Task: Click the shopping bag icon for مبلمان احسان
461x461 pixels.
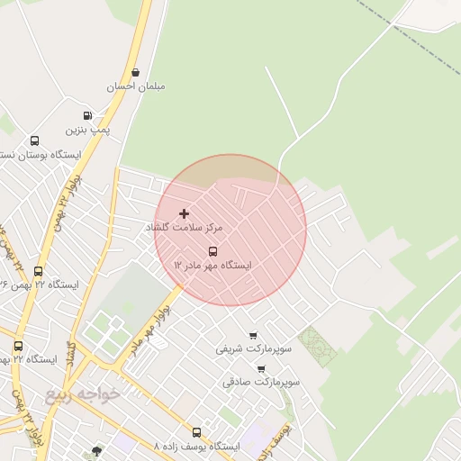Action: pyautogui.click(x=136, y=73)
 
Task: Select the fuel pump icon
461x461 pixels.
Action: pyautogui.click(x=87, y=115)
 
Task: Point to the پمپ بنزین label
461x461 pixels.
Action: pyautogui.click(x=90, y=130)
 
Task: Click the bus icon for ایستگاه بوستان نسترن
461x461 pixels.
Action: pyautogui.click(x=35, y=140)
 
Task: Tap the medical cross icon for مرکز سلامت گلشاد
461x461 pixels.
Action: pyautogui.click(x=185, y=214)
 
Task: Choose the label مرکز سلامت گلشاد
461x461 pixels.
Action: pyautogui.click(x=185, y=229)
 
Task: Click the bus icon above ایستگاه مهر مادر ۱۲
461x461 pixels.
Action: pyautogui.click(x=212, y=251)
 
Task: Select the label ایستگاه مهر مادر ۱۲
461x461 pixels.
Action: pyautogui.click(x=212, y=266)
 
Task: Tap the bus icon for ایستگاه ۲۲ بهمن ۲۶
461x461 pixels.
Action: pyautogui.click(x=38, y=271)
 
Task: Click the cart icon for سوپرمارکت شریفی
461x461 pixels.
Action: pyautogui.click(x=252, y=335)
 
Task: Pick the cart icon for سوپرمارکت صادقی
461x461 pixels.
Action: pyautogui.click(x=261, y=368)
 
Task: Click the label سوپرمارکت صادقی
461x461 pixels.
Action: pyautogui.click(x=261, y=382)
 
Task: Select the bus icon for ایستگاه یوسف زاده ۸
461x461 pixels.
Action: pyautogui.click(x=197, y=432)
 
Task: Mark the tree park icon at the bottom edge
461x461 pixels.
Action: pyautogui.click(x=96, y=451)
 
